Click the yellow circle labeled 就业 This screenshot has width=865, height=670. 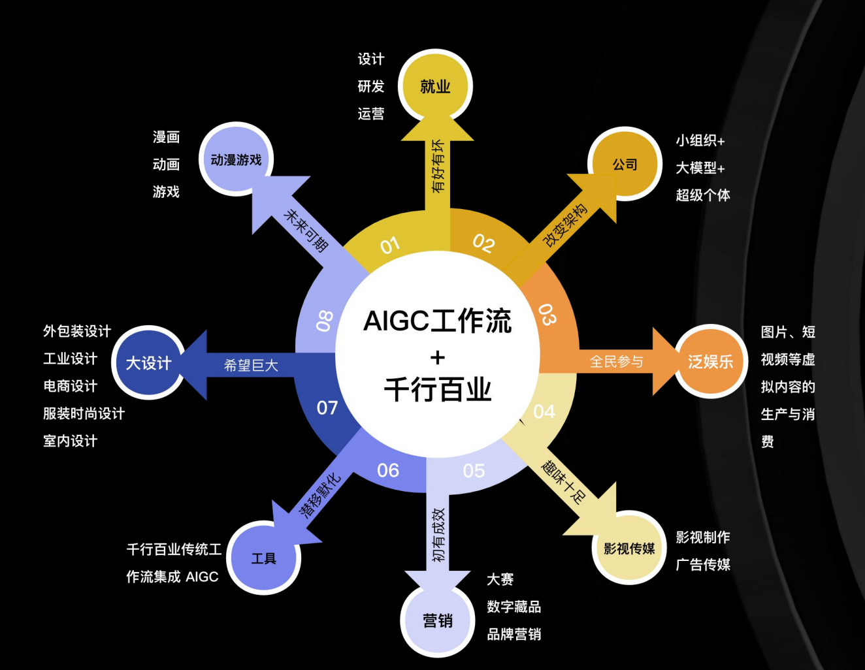point(435,86)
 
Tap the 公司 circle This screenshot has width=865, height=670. point(625,164)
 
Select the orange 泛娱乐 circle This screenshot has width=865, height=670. point(710,361)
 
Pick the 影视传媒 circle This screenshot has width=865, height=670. point(629,548)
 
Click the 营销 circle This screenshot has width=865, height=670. point(437,620)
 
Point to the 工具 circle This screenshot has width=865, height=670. point(264,558)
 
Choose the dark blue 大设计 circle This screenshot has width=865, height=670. point(148,362)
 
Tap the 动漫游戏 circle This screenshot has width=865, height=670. point(235,159)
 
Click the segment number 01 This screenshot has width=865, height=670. point(390,246)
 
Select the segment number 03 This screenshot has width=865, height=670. point(547,314)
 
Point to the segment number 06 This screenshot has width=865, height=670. point(388,470)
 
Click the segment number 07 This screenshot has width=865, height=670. point(327,407)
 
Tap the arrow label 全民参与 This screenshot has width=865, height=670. point(616,361)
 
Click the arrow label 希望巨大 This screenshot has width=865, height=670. point(251,365)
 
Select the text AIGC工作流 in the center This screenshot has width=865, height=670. point(437,321)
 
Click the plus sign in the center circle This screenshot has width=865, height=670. point(438,357)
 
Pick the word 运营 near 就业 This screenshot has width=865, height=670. point(371,114)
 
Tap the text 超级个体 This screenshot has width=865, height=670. point(703,195)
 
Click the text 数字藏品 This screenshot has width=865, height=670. point(514,607)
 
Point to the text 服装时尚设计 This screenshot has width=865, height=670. point(84,413)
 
